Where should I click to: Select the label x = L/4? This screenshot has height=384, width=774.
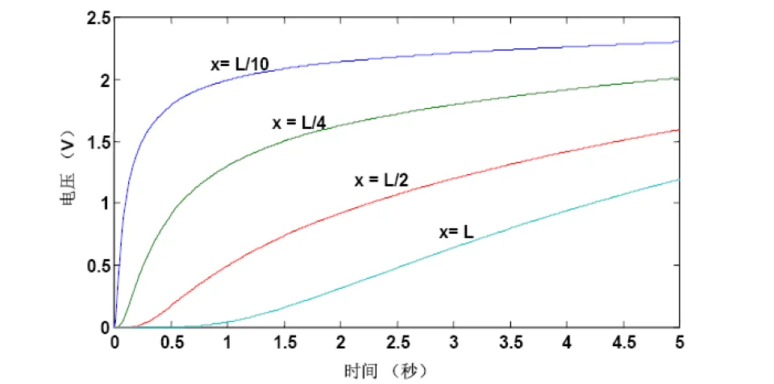coord(299,123)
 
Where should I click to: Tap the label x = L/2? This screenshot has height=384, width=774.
coord(381,181)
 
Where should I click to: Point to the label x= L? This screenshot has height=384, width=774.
coord(456,232)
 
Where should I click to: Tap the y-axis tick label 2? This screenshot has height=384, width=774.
coord(102,80)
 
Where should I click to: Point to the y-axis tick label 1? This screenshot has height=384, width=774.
coord(102,203)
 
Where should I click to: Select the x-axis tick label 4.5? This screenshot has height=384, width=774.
coord(623,343)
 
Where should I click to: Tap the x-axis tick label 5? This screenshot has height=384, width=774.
coord(680,343)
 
